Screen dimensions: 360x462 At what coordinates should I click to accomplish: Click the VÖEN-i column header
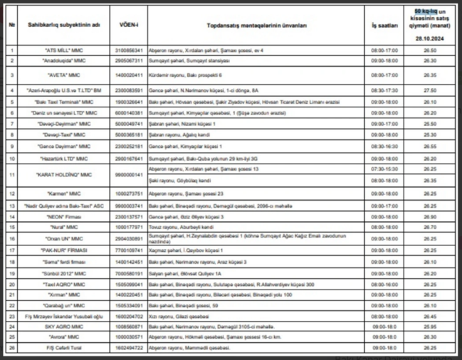(129, 24)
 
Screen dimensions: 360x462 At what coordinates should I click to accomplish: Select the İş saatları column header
(384, 24)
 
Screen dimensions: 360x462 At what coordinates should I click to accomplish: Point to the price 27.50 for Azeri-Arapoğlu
(429, 90)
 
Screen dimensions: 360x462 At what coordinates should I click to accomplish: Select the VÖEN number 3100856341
(129, 51)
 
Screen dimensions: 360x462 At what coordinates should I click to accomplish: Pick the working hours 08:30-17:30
(384, 90)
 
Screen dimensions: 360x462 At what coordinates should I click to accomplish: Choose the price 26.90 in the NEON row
(429, 216)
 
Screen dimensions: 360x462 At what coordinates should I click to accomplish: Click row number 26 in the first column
(12, 348)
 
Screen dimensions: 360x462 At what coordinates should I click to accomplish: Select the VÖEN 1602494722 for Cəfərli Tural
(129, 348)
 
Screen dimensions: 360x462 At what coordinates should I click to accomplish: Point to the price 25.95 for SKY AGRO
(429, 327)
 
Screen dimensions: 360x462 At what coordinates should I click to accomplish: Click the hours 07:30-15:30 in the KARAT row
(384, 169)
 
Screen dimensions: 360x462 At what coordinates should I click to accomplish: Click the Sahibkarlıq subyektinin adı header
(64, 24)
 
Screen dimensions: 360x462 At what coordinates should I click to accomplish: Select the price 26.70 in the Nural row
(429, 227)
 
